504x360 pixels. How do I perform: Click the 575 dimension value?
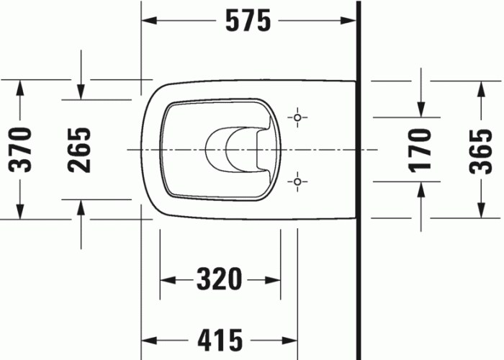pos(248,22)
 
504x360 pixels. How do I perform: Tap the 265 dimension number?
pos(81,149)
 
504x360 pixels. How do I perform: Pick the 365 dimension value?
pos(480,150)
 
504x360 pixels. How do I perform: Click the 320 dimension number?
pos(220,278)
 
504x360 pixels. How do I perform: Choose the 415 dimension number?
pos(220,339)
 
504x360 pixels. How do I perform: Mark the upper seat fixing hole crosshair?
pos(297,117)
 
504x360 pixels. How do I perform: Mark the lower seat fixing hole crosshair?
pos(297,182)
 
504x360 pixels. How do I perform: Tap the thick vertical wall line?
pos(358,180)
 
